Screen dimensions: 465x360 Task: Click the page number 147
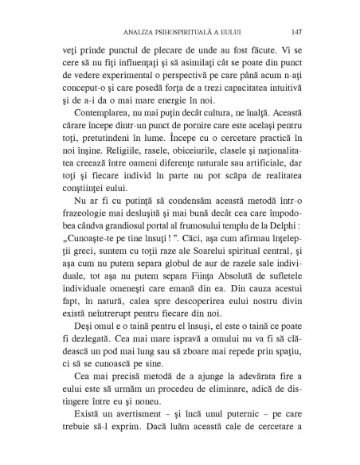coord(295,33)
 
